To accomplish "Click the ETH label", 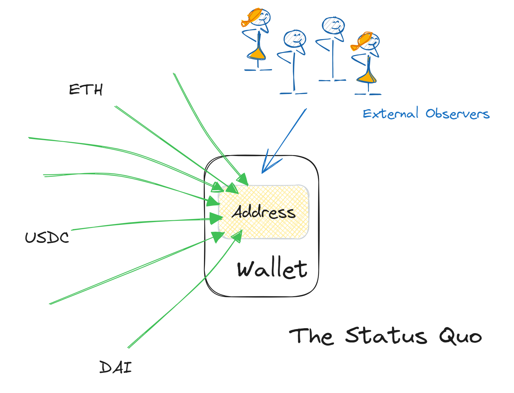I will click(86, 90).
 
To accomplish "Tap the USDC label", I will click(47, 238).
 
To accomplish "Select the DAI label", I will click(115, 367).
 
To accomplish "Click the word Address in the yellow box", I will click(264, 212).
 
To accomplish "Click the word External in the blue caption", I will click(391, 114).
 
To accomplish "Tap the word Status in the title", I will click(386, 336).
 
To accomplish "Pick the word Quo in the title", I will click(460, 336).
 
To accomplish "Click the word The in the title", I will click(311, 336).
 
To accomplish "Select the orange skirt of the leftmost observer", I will click(257, 54).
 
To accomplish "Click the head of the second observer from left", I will click(295, 39).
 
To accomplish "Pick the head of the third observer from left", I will click(333, 25).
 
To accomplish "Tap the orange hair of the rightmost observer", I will click(361, 41).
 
